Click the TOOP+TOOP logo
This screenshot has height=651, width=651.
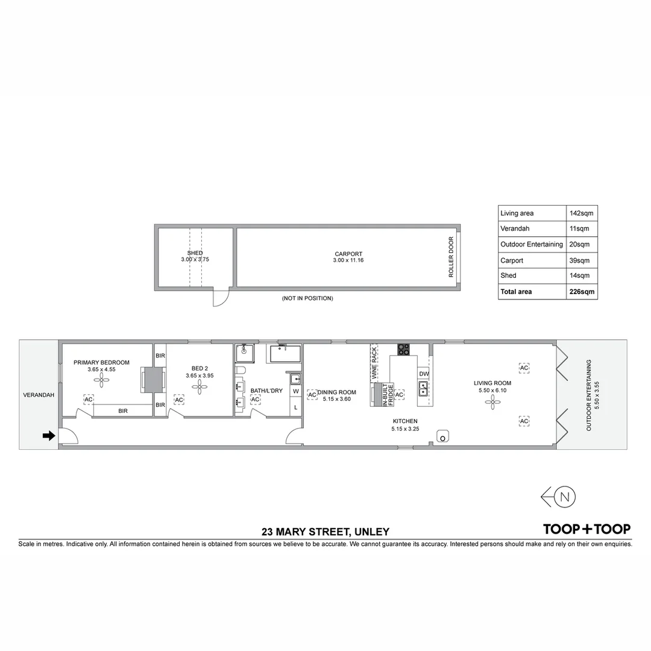pos(587,529)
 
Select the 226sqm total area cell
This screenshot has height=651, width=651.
pos(582,292)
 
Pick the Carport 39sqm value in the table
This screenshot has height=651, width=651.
pos(579,260)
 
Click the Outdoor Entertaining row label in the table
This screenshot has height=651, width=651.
pos(531,244)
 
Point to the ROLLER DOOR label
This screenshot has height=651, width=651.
pos(451,257)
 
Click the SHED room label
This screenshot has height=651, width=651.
pos(195,253)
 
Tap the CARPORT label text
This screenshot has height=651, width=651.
pos(348,254)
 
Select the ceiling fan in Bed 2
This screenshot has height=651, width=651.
pos(199,386)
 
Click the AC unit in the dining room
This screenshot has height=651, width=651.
pos(312,395)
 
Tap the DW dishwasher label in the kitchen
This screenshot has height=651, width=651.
pos(424,374)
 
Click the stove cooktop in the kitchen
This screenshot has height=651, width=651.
pos(403,349)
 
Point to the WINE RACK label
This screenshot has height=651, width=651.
pos(374,362)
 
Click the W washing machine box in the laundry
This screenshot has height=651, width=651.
pos(295,391)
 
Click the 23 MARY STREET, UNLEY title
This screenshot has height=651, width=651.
pos(325,532)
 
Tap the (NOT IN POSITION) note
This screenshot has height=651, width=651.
pos(307,298)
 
